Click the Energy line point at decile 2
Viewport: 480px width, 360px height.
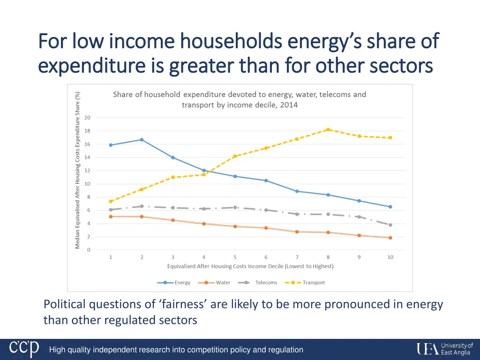(x=142, y=140)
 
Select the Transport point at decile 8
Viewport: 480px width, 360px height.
(x=328, y=129)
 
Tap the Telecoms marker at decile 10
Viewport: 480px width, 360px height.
(x=390, y=225)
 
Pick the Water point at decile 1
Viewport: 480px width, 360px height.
(x=111, y=217)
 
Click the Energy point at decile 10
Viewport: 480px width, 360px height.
(x=390, y=207)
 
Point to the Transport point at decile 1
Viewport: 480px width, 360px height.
(x=111, y=202)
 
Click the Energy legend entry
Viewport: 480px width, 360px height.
(x=174, y=283)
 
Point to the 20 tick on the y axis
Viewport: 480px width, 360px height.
(x=87, y=118)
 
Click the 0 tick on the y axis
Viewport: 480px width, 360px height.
(x=89, y=250)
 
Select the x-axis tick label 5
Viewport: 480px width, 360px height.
(x=235, y=257)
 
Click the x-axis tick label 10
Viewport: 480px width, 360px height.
(x=390, y=257)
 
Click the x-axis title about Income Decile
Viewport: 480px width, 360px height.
(x=250, y=266)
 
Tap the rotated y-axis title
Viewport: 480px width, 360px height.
(x=77, y=170)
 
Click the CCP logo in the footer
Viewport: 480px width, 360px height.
(x=24, y=349)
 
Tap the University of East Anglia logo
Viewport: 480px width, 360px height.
(x=445, y=349)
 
